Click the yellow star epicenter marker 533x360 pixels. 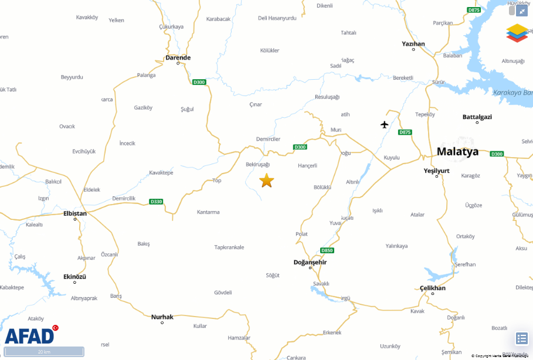click(x=266, y=181)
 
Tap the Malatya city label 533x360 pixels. click(x=457, y=152)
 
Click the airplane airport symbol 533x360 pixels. click(x=385, y=124)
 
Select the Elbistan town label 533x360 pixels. click(x=75, y=213)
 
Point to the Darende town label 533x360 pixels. click(x=178, y=57)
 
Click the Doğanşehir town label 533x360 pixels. click(x=310, y=262)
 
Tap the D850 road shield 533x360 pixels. click(x=327, y=250)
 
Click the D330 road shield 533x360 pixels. click(x=156, y=201)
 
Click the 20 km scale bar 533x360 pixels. click(x=45, y=352)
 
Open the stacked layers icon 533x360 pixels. click(x=517, y=33)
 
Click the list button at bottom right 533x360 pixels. click(x=521, y=338)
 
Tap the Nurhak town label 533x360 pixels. click(x=162, y=317)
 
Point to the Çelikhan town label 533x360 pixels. click(x=433, y=288)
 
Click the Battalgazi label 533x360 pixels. click(x=477, y=117)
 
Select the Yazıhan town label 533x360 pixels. click(x=413, y=44)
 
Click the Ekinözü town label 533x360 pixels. click(x=74, y=277)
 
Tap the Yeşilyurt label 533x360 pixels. click(x=436, y=171)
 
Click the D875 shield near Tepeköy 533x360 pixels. click(x=405, y=132)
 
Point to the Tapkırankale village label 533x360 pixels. click(x=229, y=247)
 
